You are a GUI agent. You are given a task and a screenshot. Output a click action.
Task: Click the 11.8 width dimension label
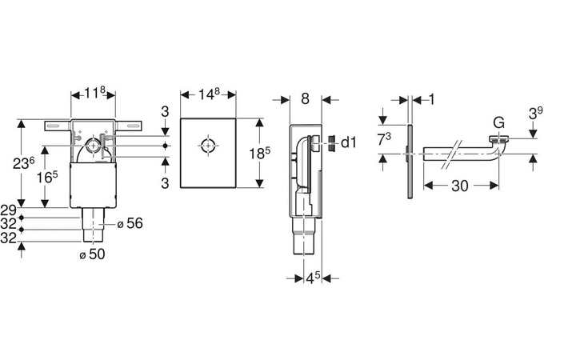pyautogui.click(x=94, y=93)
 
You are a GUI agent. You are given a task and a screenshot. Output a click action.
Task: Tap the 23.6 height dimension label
pyautogui.click(x=24, y=163)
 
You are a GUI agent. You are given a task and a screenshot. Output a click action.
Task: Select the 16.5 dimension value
pyautogui.click(x=47, y=176)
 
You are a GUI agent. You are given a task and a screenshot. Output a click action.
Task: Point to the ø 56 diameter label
pyautogui.click(x=130, y=223)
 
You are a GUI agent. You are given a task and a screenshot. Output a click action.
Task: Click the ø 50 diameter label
pyautogui.click(x=92, y=254)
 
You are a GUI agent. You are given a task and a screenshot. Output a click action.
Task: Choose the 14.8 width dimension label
pyautogui.click(x=209, y=94)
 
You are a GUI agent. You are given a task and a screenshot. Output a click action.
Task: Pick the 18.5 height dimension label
pyautogui.click(x=260, y=153)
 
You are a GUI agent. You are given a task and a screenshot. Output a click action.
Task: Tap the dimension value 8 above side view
pyautogui.click(x=305, y=98)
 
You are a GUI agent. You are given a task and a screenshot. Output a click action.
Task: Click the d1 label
pyautogui.click(x=348, y=142)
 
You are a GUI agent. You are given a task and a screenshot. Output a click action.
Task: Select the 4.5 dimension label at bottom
pyautogui.click(x=313, y=278)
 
